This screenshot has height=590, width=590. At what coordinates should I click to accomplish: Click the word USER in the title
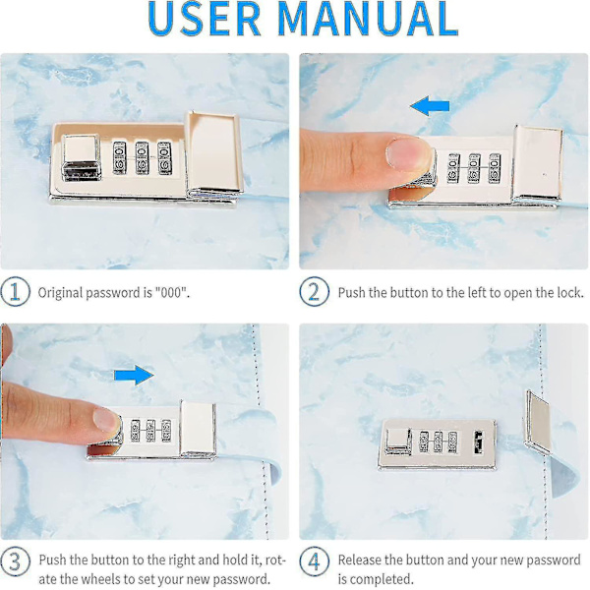(205, 18)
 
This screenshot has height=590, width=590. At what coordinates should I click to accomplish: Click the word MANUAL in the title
(369, 18)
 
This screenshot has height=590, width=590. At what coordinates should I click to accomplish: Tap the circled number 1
(15, 292)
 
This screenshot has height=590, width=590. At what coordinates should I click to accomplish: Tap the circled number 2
(315, 292)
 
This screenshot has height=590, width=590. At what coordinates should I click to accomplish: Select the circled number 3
(15, 561)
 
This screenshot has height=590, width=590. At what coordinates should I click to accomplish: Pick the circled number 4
(315, 561)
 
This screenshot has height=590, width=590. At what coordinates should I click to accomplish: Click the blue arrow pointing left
(430, 106)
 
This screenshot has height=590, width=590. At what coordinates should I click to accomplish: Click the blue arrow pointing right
(134, 375)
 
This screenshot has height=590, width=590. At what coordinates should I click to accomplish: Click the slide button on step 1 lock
(82, 158)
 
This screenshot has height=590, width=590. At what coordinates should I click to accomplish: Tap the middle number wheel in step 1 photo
(142, 158)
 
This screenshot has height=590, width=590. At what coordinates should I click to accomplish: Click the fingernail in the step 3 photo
(106, 420)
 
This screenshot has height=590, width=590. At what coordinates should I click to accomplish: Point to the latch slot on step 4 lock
(478, 442)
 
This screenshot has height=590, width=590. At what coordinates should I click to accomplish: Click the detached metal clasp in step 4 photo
(538, 422)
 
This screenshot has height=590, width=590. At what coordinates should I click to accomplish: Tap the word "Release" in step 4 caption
(359, 560)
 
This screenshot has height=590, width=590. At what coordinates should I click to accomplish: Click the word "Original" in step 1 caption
(60, 293)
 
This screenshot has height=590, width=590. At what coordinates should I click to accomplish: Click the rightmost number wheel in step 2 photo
(495, 168)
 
